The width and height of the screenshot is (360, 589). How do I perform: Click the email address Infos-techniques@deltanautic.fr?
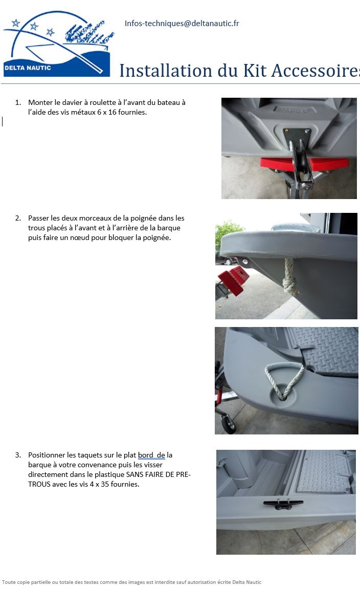(182, 24)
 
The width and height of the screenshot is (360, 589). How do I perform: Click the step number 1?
(18, 102)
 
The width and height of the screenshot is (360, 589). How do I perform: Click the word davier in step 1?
(71, 102)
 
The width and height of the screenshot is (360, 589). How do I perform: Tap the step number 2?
(18, 218)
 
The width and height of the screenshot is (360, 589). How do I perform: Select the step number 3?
(18, 455)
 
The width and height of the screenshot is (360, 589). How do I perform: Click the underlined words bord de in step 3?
(151, 455)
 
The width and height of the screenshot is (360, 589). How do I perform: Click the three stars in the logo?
(33, 26)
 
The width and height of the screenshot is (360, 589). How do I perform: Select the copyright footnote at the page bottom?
(132, 582)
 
